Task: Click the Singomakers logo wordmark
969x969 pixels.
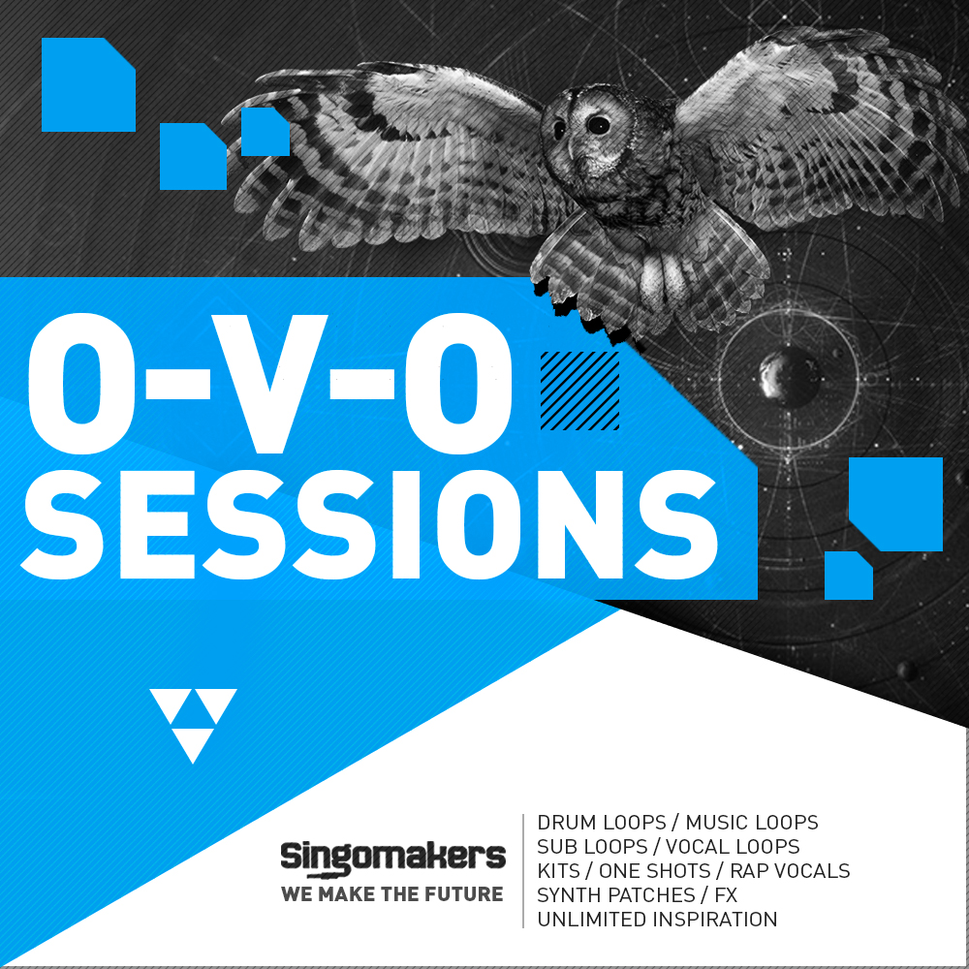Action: point(392,857)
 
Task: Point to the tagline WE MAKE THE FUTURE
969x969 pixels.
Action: point(392,893)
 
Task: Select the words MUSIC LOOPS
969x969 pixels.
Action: point(752,823)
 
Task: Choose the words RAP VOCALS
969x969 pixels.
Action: point(790,871)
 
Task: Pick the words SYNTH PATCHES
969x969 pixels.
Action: point(616,895)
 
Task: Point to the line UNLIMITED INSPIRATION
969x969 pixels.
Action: point(657,920)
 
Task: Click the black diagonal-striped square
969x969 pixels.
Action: point(579,391)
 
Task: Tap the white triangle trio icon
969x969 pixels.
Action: point(194,723)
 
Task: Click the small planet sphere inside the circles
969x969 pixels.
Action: point(775,369)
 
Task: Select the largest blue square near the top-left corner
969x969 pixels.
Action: point(87,84)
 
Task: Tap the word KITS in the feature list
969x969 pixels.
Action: point(557,871)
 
